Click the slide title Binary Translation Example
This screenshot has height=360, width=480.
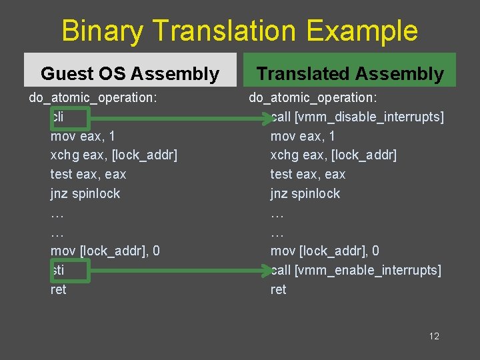[240, 31]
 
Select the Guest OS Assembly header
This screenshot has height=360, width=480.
[130, 73]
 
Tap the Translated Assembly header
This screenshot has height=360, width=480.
[350, 73]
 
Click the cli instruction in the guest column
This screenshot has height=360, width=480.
[58, 117]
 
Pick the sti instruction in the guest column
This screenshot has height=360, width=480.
[58, 270]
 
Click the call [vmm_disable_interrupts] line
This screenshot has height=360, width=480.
[357, 117]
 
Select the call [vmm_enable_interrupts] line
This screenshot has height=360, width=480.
[356, 270]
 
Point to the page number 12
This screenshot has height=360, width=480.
[434, 336]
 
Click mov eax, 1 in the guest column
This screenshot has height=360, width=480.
[83, 136]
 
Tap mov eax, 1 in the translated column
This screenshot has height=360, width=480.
[303, 136]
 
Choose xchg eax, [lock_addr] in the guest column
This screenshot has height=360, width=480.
[114, 155]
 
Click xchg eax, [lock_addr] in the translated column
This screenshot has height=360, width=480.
[333, 155]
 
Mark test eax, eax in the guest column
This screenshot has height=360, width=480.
[88, 175]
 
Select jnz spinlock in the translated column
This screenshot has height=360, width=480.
[305, 194]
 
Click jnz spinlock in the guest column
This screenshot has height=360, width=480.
[85, 194]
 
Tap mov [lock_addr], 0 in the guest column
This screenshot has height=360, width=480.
[105, 251]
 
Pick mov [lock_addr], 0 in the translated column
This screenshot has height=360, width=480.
[325, 251]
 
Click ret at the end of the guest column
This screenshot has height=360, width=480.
[59, 289]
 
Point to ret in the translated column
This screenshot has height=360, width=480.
[278, 289]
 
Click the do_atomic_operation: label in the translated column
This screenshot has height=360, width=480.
[313, 98]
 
